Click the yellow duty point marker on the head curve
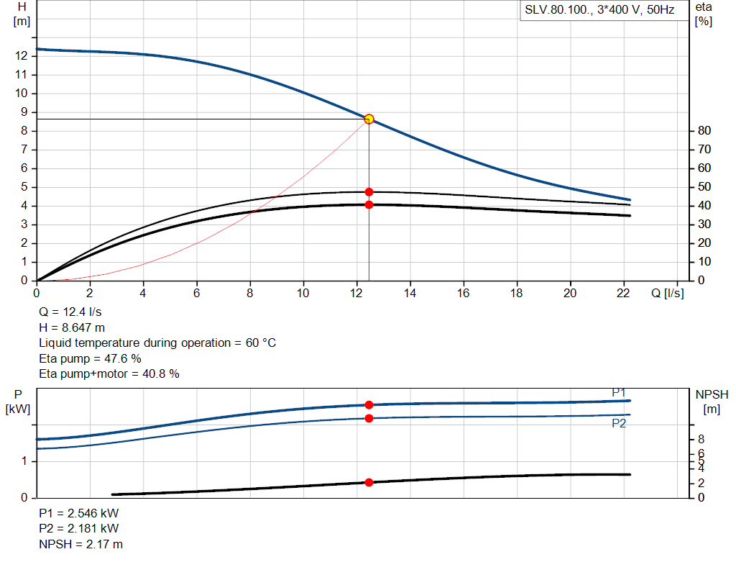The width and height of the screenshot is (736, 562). point(369,119)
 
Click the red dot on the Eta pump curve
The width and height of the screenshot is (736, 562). point(369,192)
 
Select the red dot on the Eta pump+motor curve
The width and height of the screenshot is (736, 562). point(369,204)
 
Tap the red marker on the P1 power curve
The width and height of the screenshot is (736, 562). point(369,405)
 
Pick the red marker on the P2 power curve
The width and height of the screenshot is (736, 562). point(369,418)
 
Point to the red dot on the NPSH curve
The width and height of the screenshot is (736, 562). point(369,482)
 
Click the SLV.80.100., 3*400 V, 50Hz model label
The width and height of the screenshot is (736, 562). point(599,11)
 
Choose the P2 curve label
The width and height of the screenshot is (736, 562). point(619,424)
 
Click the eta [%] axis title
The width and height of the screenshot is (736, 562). point(704,14)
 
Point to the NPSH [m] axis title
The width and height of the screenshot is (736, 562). point(712,402)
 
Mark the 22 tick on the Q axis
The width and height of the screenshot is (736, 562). point(623,294)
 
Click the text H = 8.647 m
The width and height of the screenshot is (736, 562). point(73,328)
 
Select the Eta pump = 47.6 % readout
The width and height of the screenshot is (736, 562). point(90,358)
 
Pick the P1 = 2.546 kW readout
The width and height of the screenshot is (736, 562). point(79,515)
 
